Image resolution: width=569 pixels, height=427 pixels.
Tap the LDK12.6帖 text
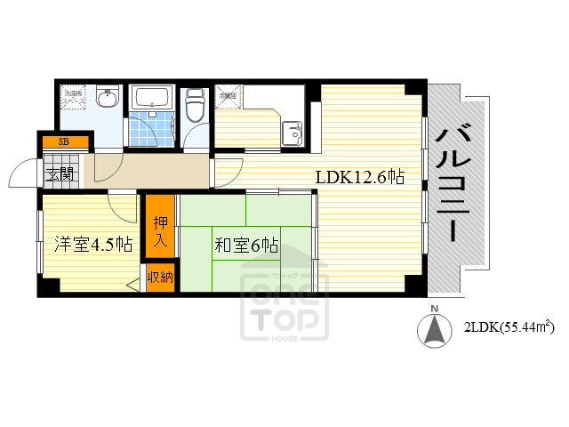360,177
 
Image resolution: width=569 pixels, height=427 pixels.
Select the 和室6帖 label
246,246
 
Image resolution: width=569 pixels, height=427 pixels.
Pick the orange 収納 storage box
160,278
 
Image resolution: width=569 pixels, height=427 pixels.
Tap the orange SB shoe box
63,141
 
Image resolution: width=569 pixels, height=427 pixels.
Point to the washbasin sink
107,99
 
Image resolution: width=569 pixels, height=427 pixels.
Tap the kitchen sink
291,134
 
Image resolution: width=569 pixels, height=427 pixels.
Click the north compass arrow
435,332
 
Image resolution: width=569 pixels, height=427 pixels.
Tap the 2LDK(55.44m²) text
508,327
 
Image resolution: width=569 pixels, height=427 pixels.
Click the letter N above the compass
435,309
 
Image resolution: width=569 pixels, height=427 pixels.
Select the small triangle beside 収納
133,285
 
